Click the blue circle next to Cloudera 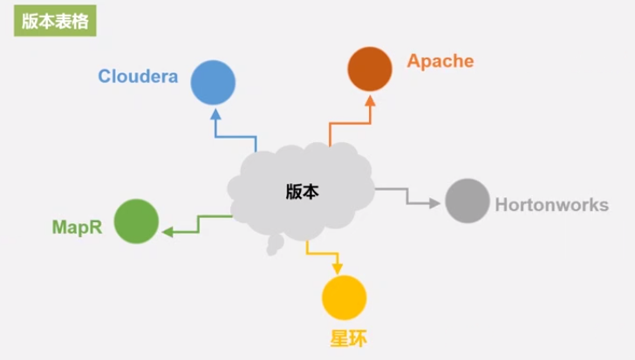(214, 83)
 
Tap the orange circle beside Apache (370, 69)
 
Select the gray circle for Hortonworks (468, 200)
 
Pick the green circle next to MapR (136, 221)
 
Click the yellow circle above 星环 (344, 297)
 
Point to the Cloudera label (138, 77)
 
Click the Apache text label (440, 61)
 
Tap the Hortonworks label (551, 206)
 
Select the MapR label (77, 228)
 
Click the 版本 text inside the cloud (303, 192)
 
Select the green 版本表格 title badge (54, 22)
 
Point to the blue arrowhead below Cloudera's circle (215, 112)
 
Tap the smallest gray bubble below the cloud (271, 251)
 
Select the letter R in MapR (95, 228)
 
